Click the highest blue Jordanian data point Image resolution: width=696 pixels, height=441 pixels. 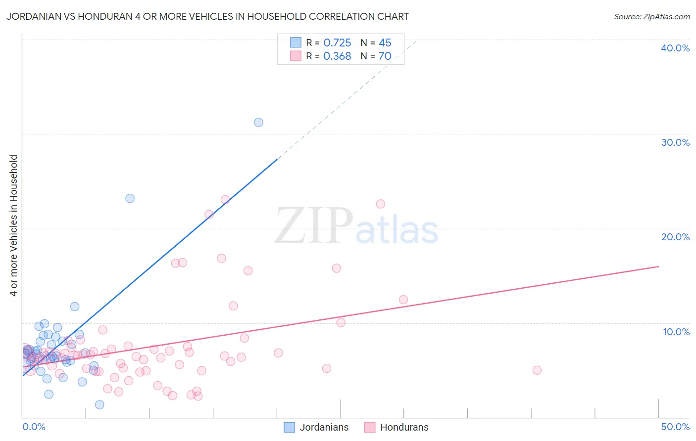258,122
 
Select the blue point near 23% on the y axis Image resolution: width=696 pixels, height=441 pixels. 130,198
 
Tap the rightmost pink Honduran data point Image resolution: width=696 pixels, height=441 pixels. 537,370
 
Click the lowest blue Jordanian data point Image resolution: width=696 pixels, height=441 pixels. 99,404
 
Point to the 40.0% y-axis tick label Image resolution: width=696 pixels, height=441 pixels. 675,48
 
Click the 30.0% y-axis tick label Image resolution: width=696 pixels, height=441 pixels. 675,142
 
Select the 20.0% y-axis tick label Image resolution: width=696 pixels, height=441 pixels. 675,237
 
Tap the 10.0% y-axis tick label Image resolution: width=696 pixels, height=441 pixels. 676,332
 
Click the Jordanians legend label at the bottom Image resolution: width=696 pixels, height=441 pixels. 324,427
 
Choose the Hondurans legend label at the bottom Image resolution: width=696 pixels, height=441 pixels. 404,427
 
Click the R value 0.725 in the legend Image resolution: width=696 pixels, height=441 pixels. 337,43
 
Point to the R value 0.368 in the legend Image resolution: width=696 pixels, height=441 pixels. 337,56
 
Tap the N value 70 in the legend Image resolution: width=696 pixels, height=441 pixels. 385,56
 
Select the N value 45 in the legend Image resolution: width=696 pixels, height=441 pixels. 385,43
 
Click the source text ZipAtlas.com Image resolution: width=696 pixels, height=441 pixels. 651,17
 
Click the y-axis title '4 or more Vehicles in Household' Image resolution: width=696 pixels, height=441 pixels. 14,225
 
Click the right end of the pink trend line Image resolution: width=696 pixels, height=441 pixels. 658,266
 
